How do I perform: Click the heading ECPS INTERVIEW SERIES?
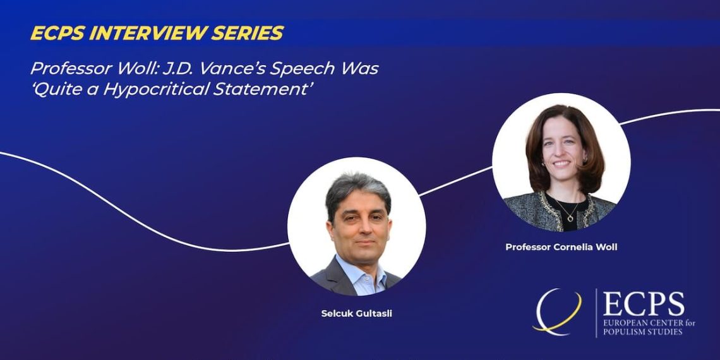click(157, 33)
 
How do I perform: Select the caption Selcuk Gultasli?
click(357, 315)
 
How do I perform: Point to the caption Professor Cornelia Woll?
click(561, 247)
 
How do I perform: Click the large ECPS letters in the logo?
click(644, 304)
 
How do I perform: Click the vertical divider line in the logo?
click(596, 313)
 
